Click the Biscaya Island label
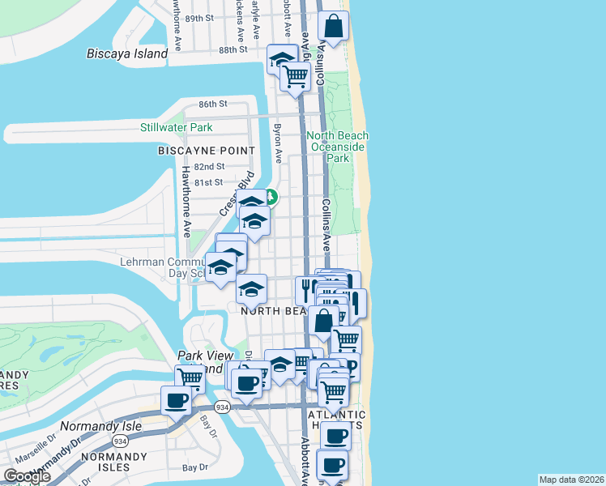[x=127, y=54]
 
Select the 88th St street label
[x=232, y=49]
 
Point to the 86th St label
[x=213, y=104]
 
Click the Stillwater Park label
[x=176, y=127]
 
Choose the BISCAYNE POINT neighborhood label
[x=207, y=151]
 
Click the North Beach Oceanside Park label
[x=337, y=147]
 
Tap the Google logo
[x=27, y=475]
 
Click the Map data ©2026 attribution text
[x=572, y=480]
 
